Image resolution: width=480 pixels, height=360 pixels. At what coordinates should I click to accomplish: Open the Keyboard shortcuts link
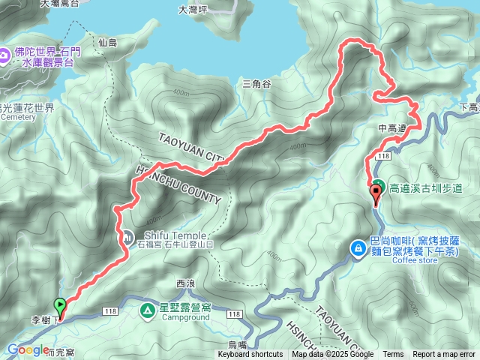[250, 355]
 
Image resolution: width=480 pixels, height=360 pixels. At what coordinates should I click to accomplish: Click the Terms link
[393, 355]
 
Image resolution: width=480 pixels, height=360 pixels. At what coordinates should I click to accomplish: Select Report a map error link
[444, 355]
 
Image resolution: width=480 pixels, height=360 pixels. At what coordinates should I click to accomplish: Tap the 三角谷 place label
[256, 84]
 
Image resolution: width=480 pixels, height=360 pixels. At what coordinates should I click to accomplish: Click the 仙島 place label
[108, 43]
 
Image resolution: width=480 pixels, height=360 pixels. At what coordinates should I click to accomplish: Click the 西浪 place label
[185, 283]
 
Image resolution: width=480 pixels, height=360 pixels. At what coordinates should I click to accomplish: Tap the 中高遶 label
[391, 128]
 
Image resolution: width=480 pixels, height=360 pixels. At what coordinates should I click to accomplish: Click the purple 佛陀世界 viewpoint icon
[7, 54]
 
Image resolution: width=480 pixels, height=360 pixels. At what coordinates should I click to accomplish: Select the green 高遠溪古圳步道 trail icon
[379, 186]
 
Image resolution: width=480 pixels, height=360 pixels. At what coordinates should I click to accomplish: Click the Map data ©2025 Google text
[333, 355]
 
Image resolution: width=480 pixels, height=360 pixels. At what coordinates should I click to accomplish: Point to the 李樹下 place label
[45, 320]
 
